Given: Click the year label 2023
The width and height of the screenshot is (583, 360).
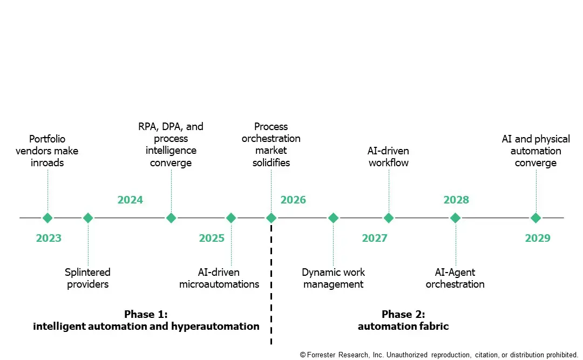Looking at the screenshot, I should (49, 238).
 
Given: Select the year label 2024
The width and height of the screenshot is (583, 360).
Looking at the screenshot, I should (130, 200).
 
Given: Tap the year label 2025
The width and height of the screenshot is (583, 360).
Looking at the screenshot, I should (212, 238).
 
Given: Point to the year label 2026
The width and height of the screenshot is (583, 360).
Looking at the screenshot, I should (293, 200).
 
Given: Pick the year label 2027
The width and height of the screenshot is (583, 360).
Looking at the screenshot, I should (375, 238).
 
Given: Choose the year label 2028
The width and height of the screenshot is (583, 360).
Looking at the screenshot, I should (456, 200).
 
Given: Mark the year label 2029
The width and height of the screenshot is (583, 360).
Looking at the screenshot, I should (538, 238).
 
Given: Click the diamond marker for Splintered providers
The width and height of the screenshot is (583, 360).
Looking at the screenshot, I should (88, 218).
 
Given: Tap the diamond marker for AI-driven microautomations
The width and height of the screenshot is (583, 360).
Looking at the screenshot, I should (231, 218).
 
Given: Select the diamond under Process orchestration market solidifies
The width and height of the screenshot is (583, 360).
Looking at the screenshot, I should (271, 218).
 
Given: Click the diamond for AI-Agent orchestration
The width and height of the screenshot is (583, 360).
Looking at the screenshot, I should (456, 218).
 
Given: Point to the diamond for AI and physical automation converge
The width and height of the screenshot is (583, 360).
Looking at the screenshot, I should (535, 218).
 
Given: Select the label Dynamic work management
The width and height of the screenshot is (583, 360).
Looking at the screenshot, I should (333, 279).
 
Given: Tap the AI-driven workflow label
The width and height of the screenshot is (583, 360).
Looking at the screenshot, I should (389, 157).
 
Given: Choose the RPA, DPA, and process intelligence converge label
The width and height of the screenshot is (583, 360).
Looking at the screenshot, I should (171, 145).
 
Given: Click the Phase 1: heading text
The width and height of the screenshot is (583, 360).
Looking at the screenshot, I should (146, 314).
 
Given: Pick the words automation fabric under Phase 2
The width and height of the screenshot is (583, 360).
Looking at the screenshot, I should (403, 326).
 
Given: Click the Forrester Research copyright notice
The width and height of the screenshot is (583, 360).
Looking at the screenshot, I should (438, 355).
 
